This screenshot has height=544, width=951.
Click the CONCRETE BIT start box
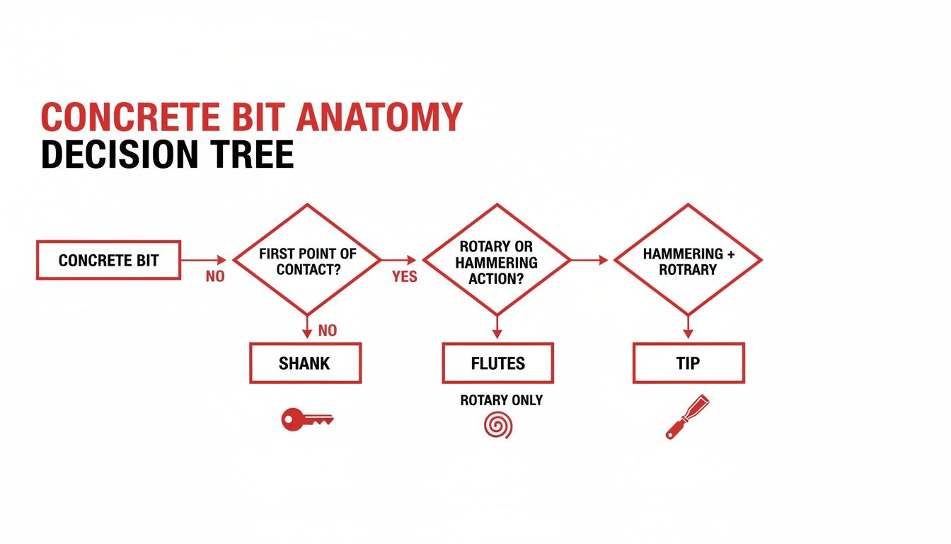click(x=108, y=260)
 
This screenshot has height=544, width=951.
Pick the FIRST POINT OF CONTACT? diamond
click(x=307, y=260)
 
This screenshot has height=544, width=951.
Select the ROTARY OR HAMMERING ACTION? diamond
click(x=495, y=260)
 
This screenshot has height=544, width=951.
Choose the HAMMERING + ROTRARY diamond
click(x=687, y=260)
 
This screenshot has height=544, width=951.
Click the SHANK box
click(x=305, y=363)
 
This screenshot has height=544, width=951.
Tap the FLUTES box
click(x=497, y=363)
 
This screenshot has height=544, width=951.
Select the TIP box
click(x=688, y=363)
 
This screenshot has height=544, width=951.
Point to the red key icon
click(x=307, y=420)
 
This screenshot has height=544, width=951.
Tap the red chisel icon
click(x=687, y=417)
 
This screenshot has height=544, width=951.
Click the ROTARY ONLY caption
click(x=501, y=400)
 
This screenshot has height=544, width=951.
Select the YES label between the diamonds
click(x=404, y=277)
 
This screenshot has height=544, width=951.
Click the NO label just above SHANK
click(x=328, y=331)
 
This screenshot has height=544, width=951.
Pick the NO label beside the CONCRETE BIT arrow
click(x=214, y=277)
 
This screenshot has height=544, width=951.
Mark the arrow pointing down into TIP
click(x=687, y=327)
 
